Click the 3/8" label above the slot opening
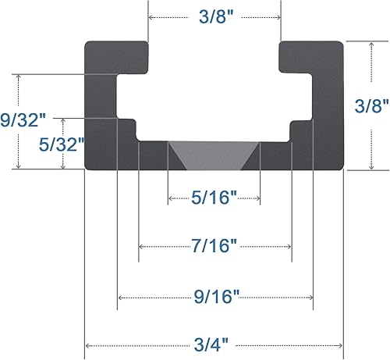(214, 17)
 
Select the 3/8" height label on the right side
(371, 106)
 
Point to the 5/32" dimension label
(60, 144)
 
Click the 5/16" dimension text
(214, 198)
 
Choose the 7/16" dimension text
(214, 247)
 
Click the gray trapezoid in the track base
(214, 155)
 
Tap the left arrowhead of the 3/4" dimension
(87, 345)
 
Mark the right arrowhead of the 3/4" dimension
(340, 345)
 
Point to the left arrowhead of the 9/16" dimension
(119, 297)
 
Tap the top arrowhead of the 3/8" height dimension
(371, 45)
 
